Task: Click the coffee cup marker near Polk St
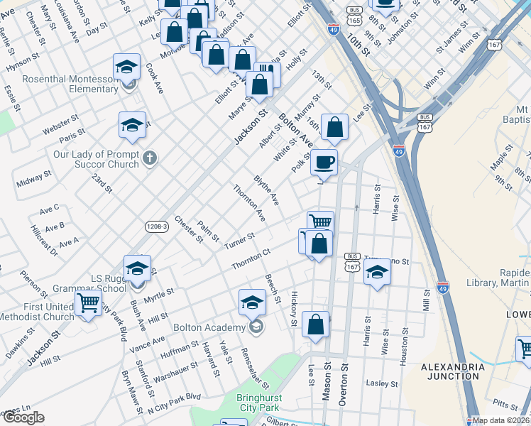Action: [324, 163]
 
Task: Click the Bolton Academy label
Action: [208, 328]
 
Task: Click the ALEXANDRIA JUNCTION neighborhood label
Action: [452, 372]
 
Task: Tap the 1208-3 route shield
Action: [156, 226]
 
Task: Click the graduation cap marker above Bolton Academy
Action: [252, 303]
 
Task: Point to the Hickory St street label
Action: [293, 312]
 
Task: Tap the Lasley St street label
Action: [382, 383]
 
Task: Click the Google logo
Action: [23, 418]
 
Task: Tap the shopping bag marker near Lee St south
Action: [315, 326]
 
